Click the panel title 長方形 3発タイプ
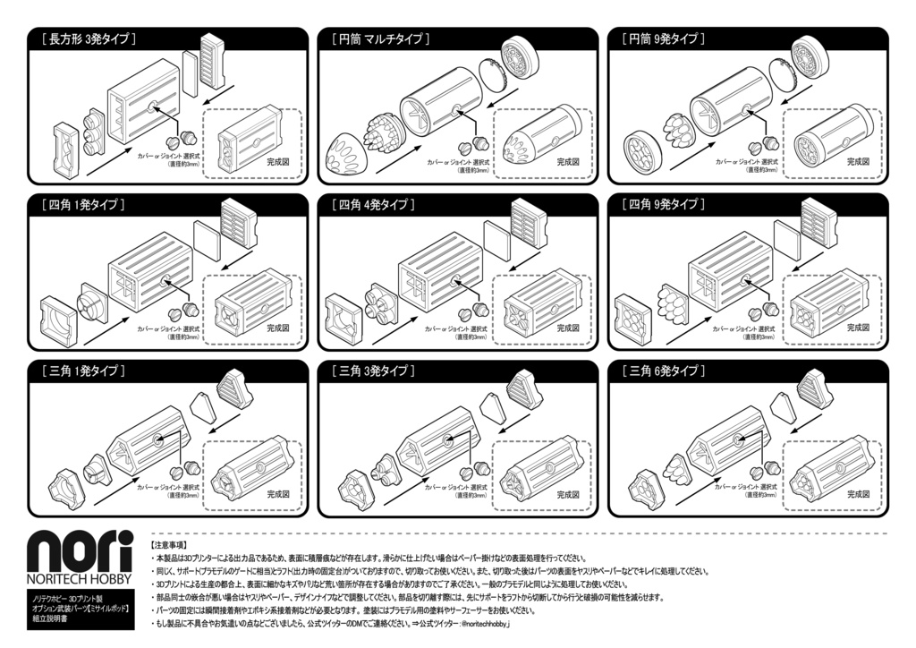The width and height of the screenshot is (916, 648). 88,39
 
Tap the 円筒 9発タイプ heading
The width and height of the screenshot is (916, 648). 666,39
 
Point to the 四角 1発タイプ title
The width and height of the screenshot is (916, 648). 82,205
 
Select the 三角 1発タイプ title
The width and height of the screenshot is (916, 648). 82,371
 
